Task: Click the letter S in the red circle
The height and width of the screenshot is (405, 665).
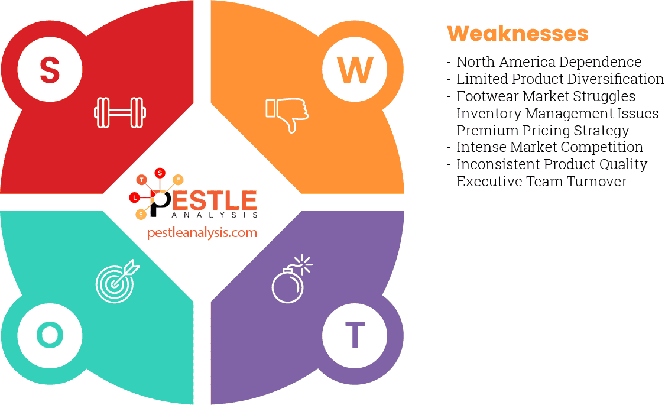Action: point(50,70)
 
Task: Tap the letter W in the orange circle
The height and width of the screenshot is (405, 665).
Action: point(355,70)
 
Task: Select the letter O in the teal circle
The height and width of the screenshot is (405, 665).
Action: point(50,335)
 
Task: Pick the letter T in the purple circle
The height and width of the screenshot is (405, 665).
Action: point(355,335)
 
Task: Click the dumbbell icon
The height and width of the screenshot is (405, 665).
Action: point(120,112)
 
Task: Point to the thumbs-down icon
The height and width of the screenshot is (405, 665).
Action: point(287,114)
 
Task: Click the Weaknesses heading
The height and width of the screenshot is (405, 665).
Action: point(517,34)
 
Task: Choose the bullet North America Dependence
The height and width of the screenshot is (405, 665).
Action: point(549,62)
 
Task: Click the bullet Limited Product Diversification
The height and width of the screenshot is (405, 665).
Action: point(560,79)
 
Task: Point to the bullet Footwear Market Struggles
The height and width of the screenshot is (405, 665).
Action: point(546,96)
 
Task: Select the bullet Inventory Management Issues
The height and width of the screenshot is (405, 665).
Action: point(557,113)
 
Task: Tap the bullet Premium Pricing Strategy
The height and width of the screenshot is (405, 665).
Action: point(543,130)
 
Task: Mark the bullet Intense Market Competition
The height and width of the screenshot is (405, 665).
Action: point(550,147)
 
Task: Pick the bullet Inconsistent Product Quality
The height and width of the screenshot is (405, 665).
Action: point(552,164)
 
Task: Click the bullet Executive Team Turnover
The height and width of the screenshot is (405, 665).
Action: point(541,182)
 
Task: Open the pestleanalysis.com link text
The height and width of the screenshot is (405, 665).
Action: point(202,233)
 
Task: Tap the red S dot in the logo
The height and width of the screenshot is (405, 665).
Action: point(159,173)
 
